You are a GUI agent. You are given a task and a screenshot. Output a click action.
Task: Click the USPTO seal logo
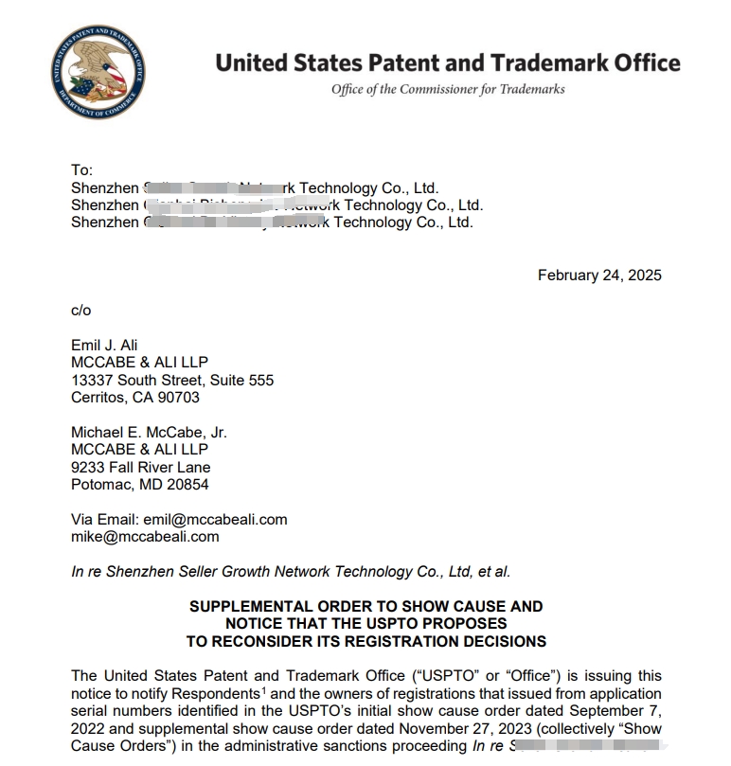[x=98, y=72]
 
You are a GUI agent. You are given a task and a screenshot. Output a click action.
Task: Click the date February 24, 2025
[x=599, y=276]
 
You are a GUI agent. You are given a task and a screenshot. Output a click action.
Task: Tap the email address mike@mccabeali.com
[x=145, y=536]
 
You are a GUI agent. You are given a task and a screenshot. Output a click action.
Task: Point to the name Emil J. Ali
[x=104, y=345]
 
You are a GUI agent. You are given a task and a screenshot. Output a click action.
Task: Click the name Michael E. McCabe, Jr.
[x=149, y=432]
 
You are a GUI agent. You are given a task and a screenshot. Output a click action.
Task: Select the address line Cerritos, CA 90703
[x=135, y=398]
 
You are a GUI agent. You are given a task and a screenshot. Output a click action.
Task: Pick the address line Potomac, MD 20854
[x=140, y=484]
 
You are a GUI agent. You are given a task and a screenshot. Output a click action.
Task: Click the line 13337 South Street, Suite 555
[x=172, y=380]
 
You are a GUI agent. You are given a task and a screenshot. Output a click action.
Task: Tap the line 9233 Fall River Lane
[x=141, y=467]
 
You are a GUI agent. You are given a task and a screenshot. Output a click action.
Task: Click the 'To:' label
[x=82, y=170]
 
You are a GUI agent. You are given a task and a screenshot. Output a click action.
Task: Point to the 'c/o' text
[x=81, y=310]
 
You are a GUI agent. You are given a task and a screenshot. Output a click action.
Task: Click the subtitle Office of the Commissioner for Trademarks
[x=448, y=89]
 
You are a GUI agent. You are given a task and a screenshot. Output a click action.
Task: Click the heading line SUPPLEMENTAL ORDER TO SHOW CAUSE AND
[x=366, y=606]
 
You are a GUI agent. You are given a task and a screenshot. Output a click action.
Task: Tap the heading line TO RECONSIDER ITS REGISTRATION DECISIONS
[x=366, y=641]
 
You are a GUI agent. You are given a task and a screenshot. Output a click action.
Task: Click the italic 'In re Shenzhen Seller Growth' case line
[x=291, y=571]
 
